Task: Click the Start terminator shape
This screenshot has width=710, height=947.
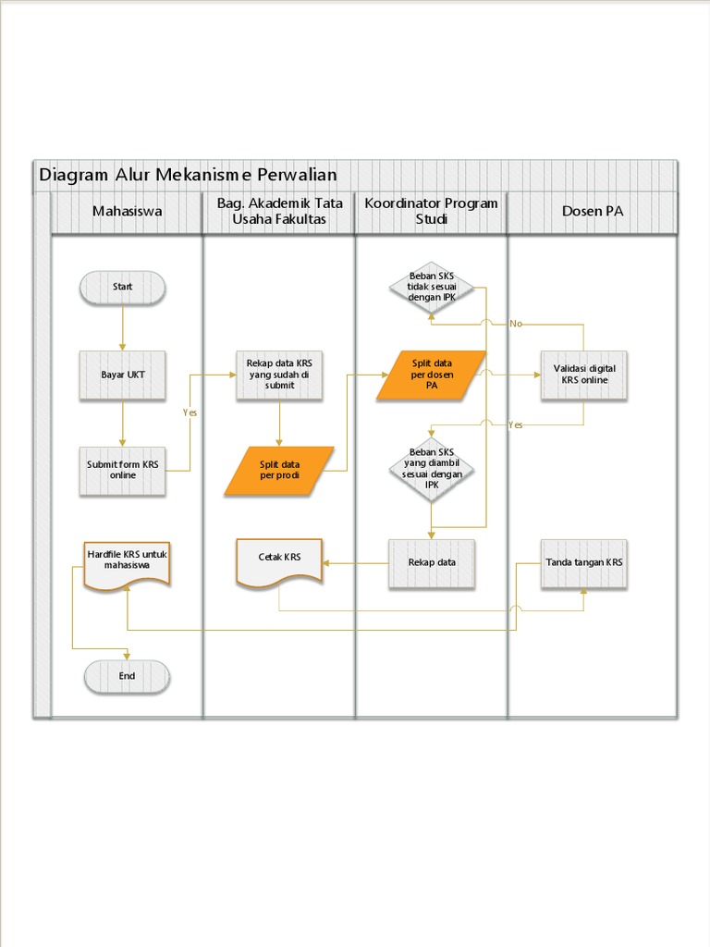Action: [123, 287]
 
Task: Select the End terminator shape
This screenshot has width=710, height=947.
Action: [127, 676]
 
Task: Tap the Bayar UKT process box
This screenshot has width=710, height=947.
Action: [123, 375]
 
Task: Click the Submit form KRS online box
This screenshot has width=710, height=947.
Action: [123, 470]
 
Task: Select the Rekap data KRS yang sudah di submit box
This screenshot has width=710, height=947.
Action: [279, 375]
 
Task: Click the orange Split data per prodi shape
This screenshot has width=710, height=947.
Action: [279, 471]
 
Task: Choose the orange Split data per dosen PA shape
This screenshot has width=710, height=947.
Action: [432, 375]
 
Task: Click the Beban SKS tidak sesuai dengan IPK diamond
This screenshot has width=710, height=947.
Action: [432, 288]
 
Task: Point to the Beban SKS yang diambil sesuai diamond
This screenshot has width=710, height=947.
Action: [432, 470]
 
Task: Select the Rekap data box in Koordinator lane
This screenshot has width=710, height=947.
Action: [432, 563]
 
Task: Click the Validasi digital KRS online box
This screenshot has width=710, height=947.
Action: [584, 375]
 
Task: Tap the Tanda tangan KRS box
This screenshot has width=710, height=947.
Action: [584, 563]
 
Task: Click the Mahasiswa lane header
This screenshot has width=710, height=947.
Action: [127, 212]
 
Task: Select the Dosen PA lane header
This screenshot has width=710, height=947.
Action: [593, 212]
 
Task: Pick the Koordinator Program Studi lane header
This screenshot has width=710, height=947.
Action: [431, 212]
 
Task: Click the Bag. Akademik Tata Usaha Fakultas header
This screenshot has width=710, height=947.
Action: [279, 212]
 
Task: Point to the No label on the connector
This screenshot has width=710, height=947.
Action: [516, 324]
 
